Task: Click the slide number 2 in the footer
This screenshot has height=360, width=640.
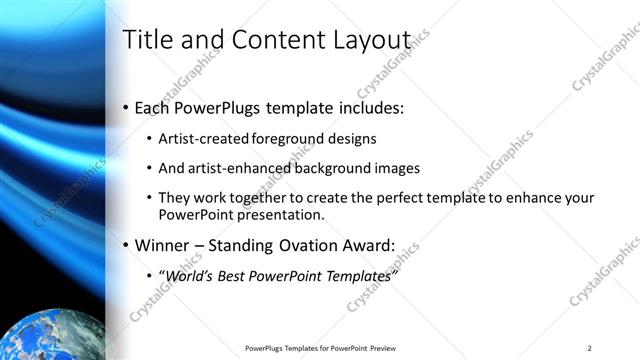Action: (590, 347)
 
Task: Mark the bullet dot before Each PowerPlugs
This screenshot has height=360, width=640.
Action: (125, 107)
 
